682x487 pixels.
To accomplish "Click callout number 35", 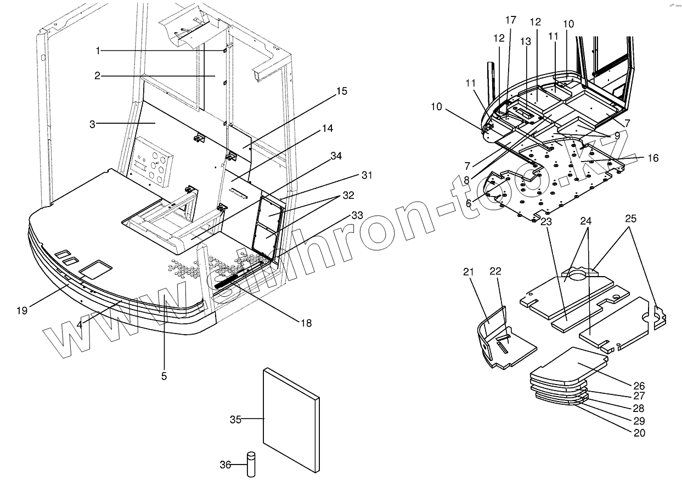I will click(235, 420).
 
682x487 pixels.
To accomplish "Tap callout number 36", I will click(225, 465).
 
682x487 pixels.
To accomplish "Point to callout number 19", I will click(21, 311).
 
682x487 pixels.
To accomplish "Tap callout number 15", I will click(341, 91).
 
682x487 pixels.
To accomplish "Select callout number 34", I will click(336, 156).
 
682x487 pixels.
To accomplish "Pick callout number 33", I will click(357, 216).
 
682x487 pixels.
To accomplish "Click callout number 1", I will click(98, 50).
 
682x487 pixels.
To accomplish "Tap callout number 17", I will click(511, 20).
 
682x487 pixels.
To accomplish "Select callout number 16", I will click(652, 158).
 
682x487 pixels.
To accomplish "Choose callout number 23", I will click(546, 221).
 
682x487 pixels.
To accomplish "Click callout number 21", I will click(467, 273).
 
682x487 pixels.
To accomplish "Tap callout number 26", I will click(639, 386).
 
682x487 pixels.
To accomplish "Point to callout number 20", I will click(639, 433).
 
